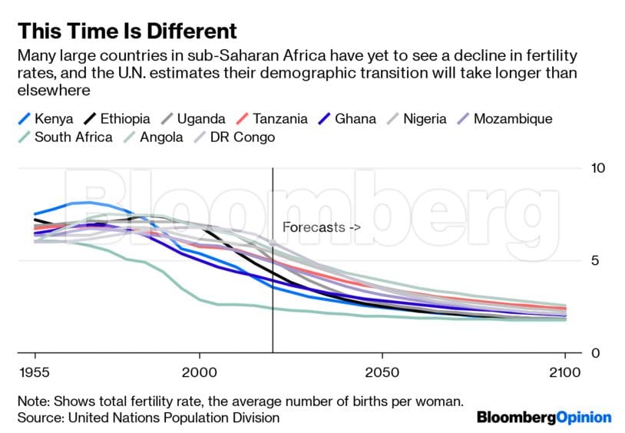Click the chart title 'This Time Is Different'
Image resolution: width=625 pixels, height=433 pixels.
(x=127, y=31)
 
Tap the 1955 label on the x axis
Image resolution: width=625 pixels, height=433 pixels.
(x=35, y=372)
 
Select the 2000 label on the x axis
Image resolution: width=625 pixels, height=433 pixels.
(x=199, y=372)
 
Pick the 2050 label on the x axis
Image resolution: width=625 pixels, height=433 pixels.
(x=382, y=372)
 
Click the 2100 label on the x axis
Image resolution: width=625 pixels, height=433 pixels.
(x=565, y=372)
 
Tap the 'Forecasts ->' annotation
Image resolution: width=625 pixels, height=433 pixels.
(x=321, y=227)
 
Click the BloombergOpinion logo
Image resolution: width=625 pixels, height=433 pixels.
(x=544, y=418)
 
